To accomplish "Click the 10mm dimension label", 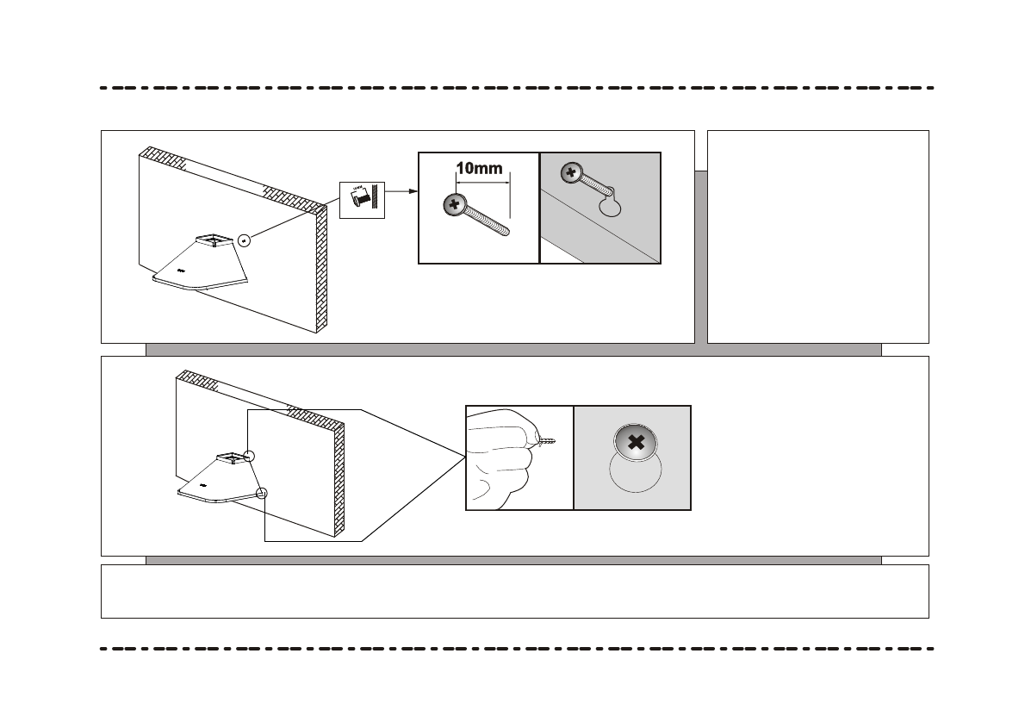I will tap(479, 169).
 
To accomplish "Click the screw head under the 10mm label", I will tap(453, 205).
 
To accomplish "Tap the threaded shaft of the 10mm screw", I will tap(488, 221).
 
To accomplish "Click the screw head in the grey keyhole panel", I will tap(569, 173).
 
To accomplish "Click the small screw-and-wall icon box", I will tap(360, 200).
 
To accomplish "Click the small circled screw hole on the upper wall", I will tap(245, 240).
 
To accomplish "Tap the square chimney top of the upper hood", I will tap(212, 239).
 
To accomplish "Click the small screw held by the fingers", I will tap(546, 441).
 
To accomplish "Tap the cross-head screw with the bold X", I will tap(636, 443).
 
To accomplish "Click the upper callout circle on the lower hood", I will tap(250, 457).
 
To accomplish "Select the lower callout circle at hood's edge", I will tap(263, 495).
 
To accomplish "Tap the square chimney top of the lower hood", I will tap(230, 457).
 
